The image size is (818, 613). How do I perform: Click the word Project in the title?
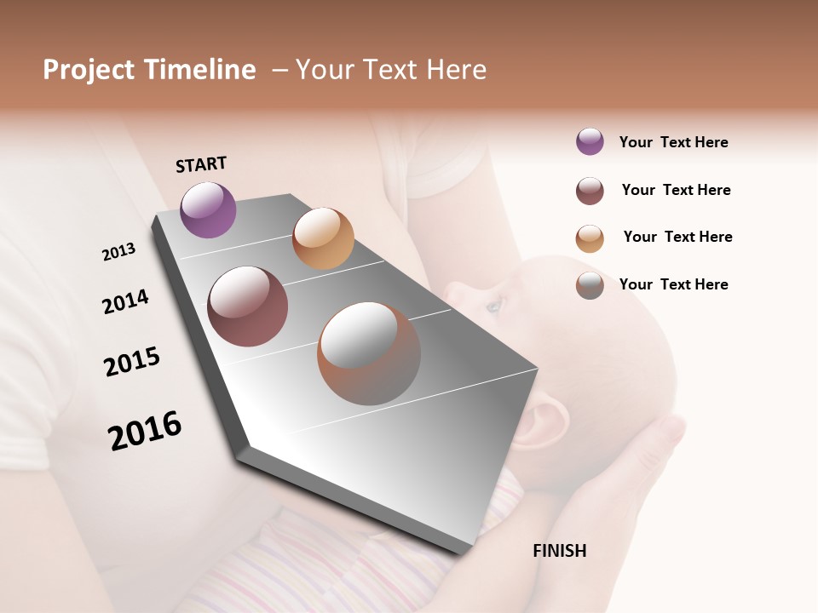point(89,70)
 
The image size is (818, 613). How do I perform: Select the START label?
point(201,164)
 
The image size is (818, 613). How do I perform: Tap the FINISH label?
point(559,551)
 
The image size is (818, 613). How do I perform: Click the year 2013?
point(118,252)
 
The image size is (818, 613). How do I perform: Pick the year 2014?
point(125,301)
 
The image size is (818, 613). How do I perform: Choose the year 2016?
point(145,431)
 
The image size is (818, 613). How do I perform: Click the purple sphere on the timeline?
point(208,209)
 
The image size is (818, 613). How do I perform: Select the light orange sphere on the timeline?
point(323,238)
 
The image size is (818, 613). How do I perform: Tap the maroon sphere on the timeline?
point(248,306)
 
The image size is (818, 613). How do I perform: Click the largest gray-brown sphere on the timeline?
point(369,353)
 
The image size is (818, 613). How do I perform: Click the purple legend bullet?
point(590,141)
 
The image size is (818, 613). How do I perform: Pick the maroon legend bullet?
point(590,191)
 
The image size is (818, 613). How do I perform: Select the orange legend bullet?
point(590,238)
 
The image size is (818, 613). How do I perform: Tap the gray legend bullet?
point(590,285)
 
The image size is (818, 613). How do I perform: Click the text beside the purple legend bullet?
point(673,142)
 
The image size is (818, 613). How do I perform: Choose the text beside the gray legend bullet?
point(673,284)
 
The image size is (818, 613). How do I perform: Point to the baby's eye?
point(494,304)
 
